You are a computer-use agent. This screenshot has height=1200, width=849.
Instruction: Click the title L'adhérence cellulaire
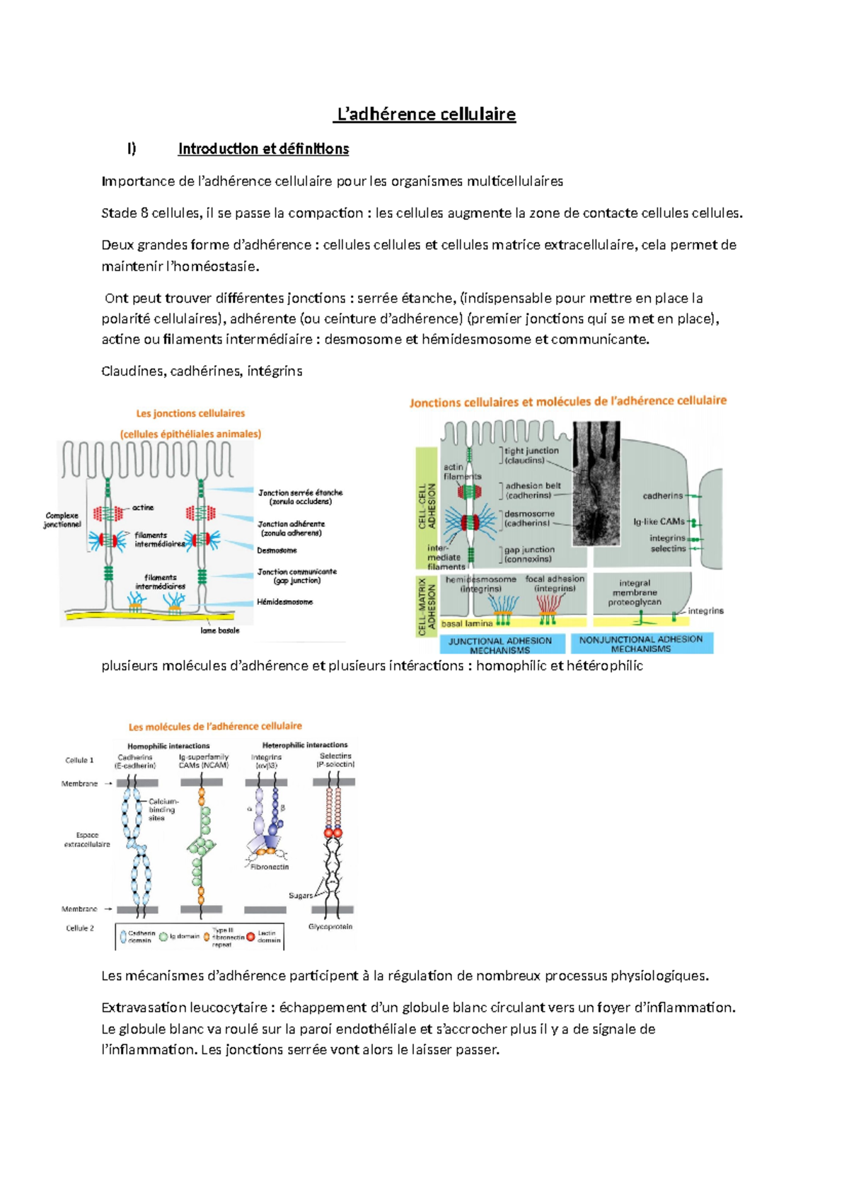pos(425,114)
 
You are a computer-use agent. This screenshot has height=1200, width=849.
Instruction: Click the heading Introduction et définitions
pos(263,149)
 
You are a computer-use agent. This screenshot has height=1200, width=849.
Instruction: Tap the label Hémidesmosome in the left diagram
pos(284,602)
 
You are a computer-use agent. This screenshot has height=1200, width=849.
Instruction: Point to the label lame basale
pos(220,630)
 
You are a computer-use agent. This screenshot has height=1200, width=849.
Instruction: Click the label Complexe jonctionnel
pos(62,520)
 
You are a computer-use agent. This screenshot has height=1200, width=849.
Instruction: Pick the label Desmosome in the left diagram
pos(277,550)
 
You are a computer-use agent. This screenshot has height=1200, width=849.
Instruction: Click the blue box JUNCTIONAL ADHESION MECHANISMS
pos(500,645)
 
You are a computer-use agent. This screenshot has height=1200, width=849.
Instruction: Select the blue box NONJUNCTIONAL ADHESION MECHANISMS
pos(641,643)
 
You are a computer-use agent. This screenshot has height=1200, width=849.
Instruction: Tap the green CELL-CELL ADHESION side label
pos(427,506)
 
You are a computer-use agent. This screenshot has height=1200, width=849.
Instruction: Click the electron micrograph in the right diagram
pos(596,483)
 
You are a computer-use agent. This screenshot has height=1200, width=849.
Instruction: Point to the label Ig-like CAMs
pos(659,521)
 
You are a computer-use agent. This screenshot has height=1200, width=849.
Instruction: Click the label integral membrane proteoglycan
pos(635,593)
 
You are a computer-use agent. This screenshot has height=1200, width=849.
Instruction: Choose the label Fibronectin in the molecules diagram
pos(270,867)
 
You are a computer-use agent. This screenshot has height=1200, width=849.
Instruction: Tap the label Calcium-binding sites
pos(162,809)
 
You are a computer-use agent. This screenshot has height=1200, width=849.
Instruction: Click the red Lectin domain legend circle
pos(250,937)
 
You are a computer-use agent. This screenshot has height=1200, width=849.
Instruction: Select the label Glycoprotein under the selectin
pos(330,927)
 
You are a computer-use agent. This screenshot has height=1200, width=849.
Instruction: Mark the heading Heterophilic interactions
pos(305,745)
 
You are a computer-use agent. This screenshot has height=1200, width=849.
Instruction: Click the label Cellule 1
pos(79,760)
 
